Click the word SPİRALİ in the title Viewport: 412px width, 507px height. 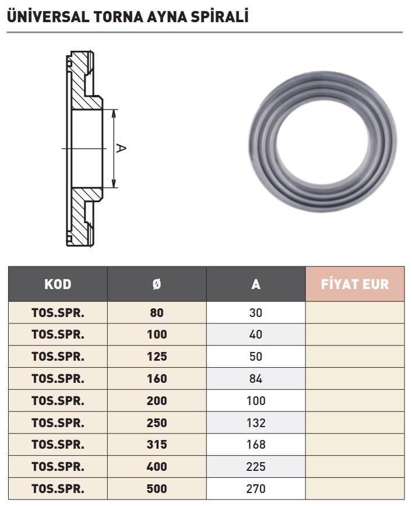coord(220,17)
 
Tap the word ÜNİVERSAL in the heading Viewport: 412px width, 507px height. coord(48,17)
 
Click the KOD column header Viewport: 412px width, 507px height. coord(58,284)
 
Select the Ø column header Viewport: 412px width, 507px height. coord(157,284)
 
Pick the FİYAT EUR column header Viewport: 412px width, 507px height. coord(355,284)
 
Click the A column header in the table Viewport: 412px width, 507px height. coord(256,284)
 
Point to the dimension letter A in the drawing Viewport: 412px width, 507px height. coord(121,149)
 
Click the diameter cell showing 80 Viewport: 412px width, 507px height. coord(157,313)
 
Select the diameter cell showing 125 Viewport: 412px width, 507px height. coord(157,357)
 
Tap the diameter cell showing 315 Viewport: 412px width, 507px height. coord(157,445)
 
